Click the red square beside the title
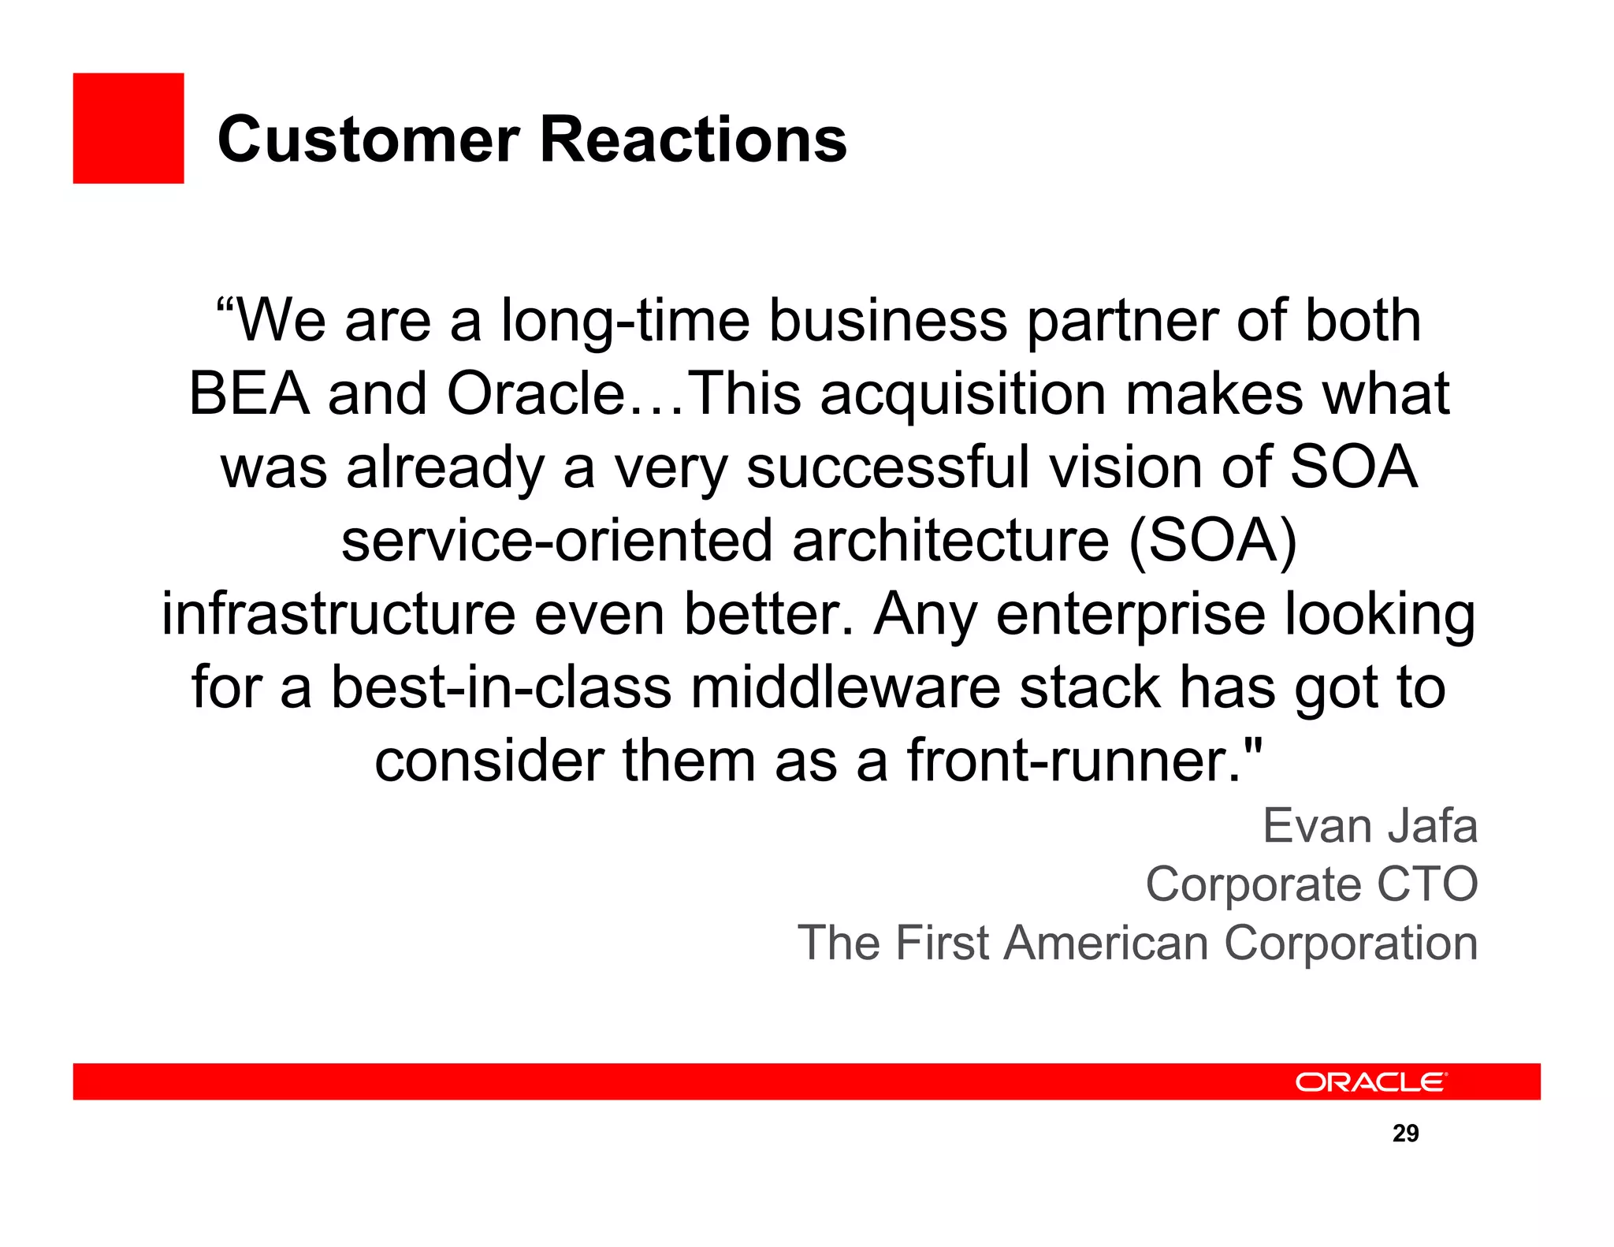[128, 128]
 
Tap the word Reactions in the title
[694, 140]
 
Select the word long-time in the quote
[625, 321]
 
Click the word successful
[888, 467]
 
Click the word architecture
[950, 541]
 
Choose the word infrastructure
[339, 614]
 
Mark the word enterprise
[1131, 614]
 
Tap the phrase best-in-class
[501, 687]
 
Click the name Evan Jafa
[1370, 826]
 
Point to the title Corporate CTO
[1311, 884]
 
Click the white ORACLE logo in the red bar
[1370, 1082]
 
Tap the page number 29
[1405, 1133]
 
